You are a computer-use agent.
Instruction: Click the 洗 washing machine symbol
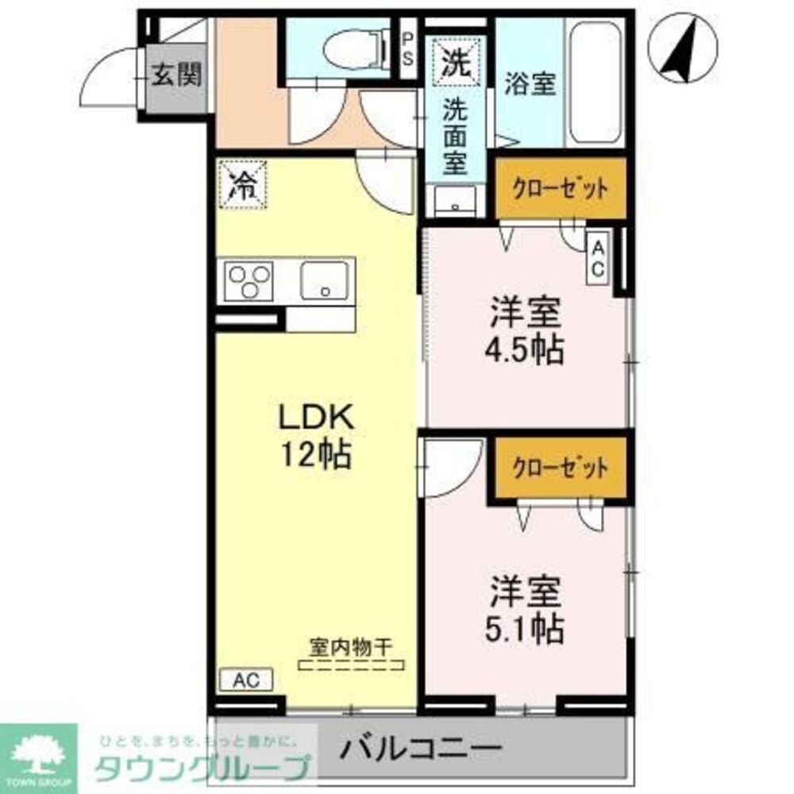455,61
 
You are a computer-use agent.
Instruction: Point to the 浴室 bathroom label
530,85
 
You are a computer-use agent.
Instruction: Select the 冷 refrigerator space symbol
242,186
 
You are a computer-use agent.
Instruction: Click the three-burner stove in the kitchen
249,280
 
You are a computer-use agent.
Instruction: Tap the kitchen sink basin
325,280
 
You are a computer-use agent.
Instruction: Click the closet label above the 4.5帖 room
561,189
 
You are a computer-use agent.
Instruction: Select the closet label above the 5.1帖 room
561,467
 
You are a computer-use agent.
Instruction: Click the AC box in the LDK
245,680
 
